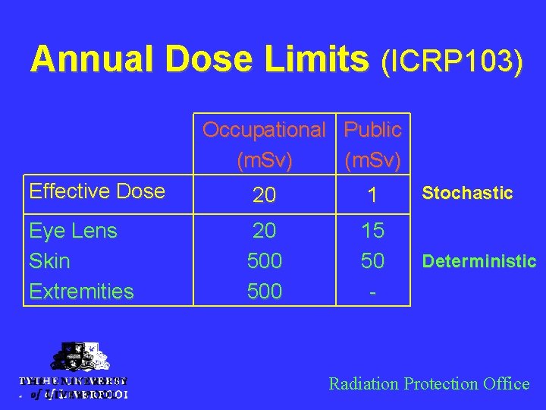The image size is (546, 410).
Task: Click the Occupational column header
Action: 264,130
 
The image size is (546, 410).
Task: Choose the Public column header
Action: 372,130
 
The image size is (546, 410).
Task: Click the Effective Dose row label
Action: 96,191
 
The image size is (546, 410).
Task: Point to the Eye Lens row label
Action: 73,230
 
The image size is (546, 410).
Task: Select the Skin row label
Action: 49,260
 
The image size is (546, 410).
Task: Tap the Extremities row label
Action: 81,291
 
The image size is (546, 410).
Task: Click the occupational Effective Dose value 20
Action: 264,196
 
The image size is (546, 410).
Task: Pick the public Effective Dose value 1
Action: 372,196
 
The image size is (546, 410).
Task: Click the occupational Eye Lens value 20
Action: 264,230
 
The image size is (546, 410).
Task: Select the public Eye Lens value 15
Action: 372,230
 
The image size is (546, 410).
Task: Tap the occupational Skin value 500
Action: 264,260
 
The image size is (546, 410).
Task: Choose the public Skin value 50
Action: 372,260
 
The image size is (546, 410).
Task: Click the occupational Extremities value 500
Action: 264,291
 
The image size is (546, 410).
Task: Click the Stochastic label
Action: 467,193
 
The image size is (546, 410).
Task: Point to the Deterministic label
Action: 479,262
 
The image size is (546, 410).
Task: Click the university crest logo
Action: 74,358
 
